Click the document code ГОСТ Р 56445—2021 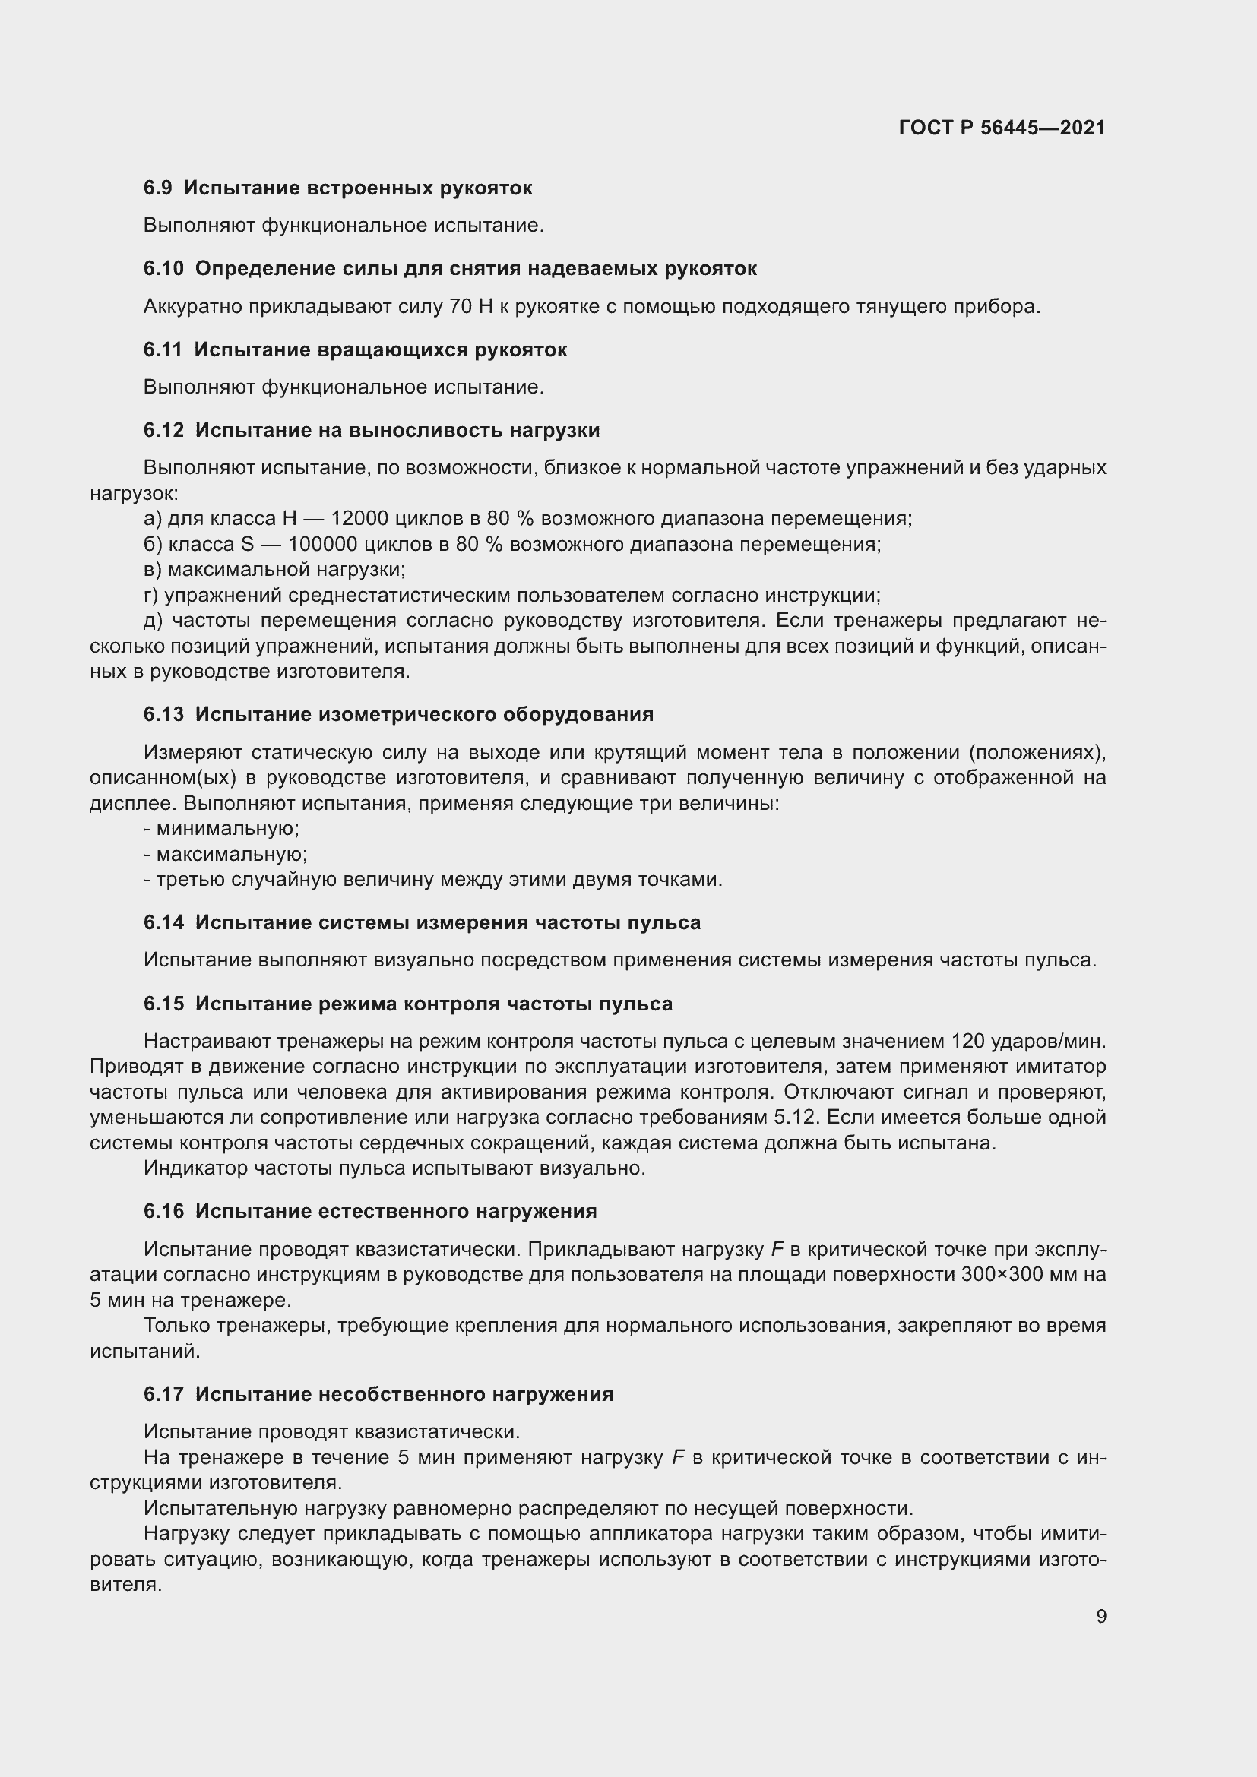click(x=1002, y=128)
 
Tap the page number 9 click(x=1100, y=1616)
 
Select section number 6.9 click(x=157, y=188)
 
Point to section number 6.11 click(x=163, y=349)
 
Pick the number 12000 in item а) click(x=359, y=519)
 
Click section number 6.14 click(x=163, y=922)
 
